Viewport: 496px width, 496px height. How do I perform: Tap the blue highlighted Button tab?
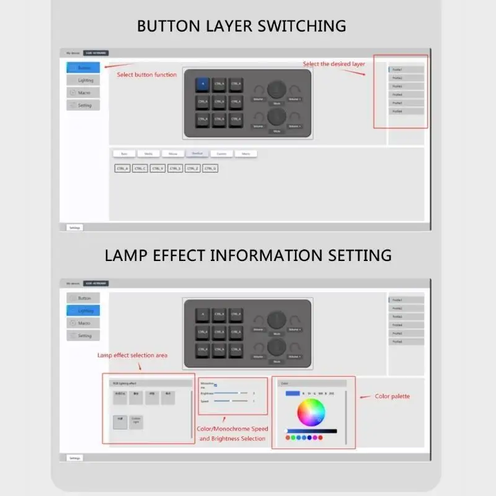pyautogui.click(x=83, y=68)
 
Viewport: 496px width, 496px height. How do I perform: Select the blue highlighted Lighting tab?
pyautogui.click(x=83, y=311)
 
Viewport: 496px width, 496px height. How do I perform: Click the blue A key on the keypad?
pyautogui.click(x=203, y=84)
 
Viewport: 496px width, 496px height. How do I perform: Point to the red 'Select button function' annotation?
pyautogui.click(x=147, y=75)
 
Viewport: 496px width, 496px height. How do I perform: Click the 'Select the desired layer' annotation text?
pyautogui.click(x=334, y=64)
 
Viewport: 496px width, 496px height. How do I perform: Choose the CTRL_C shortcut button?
pyautogui.click(x=139, y=168)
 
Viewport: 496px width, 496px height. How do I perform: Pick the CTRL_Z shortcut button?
pyautogui.click(x=192, y=168)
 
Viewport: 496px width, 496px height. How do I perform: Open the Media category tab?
pyautogui.click(x=148, y=153)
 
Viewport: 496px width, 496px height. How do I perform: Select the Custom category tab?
pyautogui.click(x=221, y=153)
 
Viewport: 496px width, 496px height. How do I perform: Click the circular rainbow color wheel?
pyautogui.click(x=311, y=412)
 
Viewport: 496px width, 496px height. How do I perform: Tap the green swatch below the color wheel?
pyautogui.click(x=294, y=437)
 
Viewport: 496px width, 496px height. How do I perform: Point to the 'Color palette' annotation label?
pyautogui.click(x=392, y=396)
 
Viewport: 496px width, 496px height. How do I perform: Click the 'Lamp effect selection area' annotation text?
pyautogui.click(x=132, y=355)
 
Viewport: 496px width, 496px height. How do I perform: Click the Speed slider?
pyautogui.click(x=231, y=401)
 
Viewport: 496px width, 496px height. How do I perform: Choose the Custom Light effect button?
pyautogui.click(x=136, y=422)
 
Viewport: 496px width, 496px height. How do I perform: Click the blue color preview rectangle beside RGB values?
pyautogui.click(x=293, y=393)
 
